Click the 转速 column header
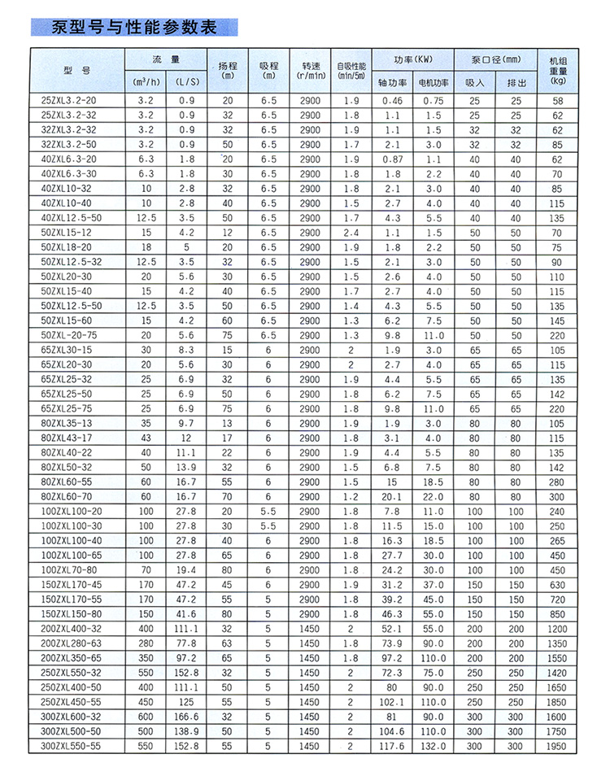pyautogui.click(x=311, y=70)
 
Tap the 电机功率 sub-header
pyautogui.click(x=433, y=82)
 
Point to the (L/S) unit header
pyautogui.click(x=186, y=82)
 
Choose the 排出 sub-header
pyautogui.click(x=516, y=82)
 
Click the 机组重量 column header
pyautogui.click(x=557, y=70)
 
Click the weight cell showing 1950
pyautogui.click(x=557, y=746)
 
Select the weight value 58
pyautogui.click(x=557, y=101)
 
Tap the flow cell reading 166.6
pyautogui.click(x=186, y=717)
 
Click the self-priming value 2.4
pyautogui.click(x=351, y=233)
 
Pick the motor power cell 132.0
pyautogui.click(x=433, y=746)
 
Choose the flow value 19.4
pyautogui.click(x=186, y=570)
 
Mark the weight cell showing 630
pyautogui.click(x=557, y=585)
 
